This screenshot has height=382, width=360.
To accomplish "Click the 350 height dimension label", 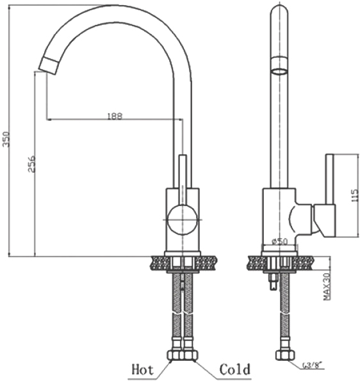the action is tap(6, 139).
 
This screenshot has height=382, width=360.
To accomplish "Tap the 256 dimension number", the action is tap(31, 164).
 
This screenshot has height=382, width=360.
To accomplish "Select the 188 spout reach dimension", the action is tap(115, 116).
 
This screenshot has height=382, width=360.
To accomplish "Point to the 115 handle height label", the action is tap(354, 196).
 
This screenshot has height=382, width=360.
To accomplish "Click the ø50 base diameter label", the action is tap(280, 241).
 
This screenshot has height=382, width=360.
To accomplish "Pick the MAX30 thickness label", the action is tap(327, 286).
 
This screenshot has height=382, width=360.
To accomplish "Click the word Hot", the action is tap(143, 369).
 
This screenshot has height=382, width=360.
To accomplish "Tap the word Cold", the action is tap(235, 369).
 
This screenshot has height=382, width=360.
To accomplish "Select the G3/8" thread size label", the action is tap(313, 365).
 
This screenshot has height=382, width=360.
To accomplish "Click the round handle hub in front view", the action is tap(183, 219).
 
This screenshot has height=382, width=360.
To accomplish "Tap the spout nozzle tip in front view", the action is tap(49, 66).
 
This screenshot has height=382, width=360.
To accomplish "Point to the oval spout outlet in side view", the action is tap(279, 72).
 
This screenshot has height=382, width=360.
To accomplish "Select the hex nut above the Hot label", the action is tap(175, 355).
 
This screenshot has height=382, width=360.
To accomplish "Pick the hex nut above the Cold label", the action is tap(189, 355).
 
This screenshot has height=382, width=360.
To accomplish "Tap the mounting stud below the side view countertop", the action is tap(274, 281).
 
